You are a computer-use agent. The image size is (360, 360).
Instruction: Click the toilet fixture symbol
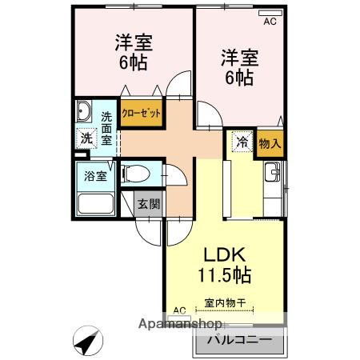135,174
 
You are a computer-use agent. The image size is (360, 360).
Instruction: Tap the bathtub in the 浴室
96,203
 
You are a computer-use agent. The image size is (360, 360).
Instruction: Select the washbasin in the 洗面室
84,111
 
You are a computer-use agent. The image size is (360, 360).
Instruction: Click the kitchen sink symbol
272,172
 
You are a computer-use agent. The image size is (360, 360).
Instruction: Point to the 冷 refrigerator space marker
242,142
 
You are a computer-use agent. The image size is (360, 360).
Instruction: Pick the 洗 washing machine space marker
86,138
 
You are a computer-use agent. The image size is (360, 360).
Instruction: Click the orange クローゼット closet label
142,114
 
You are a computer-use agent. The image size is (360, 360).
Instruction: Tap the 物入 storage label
270,144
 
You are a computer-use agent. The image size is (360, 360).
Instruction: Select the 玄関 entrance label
149,204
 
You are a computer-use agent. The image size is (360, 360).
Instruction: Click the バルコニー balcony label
240,340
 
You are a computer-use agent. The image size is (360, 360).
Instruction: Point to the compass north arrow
87,341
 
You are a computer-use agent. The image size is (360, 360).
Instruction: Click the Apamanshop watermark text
180,324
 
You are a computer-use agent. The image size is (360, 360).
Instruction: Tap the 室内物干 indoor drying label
225,303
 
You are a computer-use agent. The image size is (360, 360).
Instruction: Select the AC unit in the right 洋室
270,13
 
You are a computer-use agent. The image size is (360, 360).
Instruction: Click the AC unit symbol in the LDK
179,318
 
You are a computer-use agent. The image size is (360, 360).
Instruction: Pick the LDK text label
225,254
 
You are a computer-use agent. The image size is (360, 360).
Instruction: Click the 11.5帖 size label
225,274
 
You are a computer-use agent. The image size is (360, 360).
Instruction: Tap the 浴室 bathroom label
95,176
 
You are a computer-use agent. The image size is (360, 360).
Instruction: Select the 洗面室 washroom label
106,129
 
